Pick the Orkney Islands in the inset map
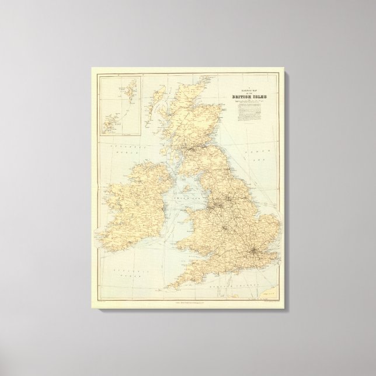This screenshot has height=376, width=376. coord(110,123)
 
